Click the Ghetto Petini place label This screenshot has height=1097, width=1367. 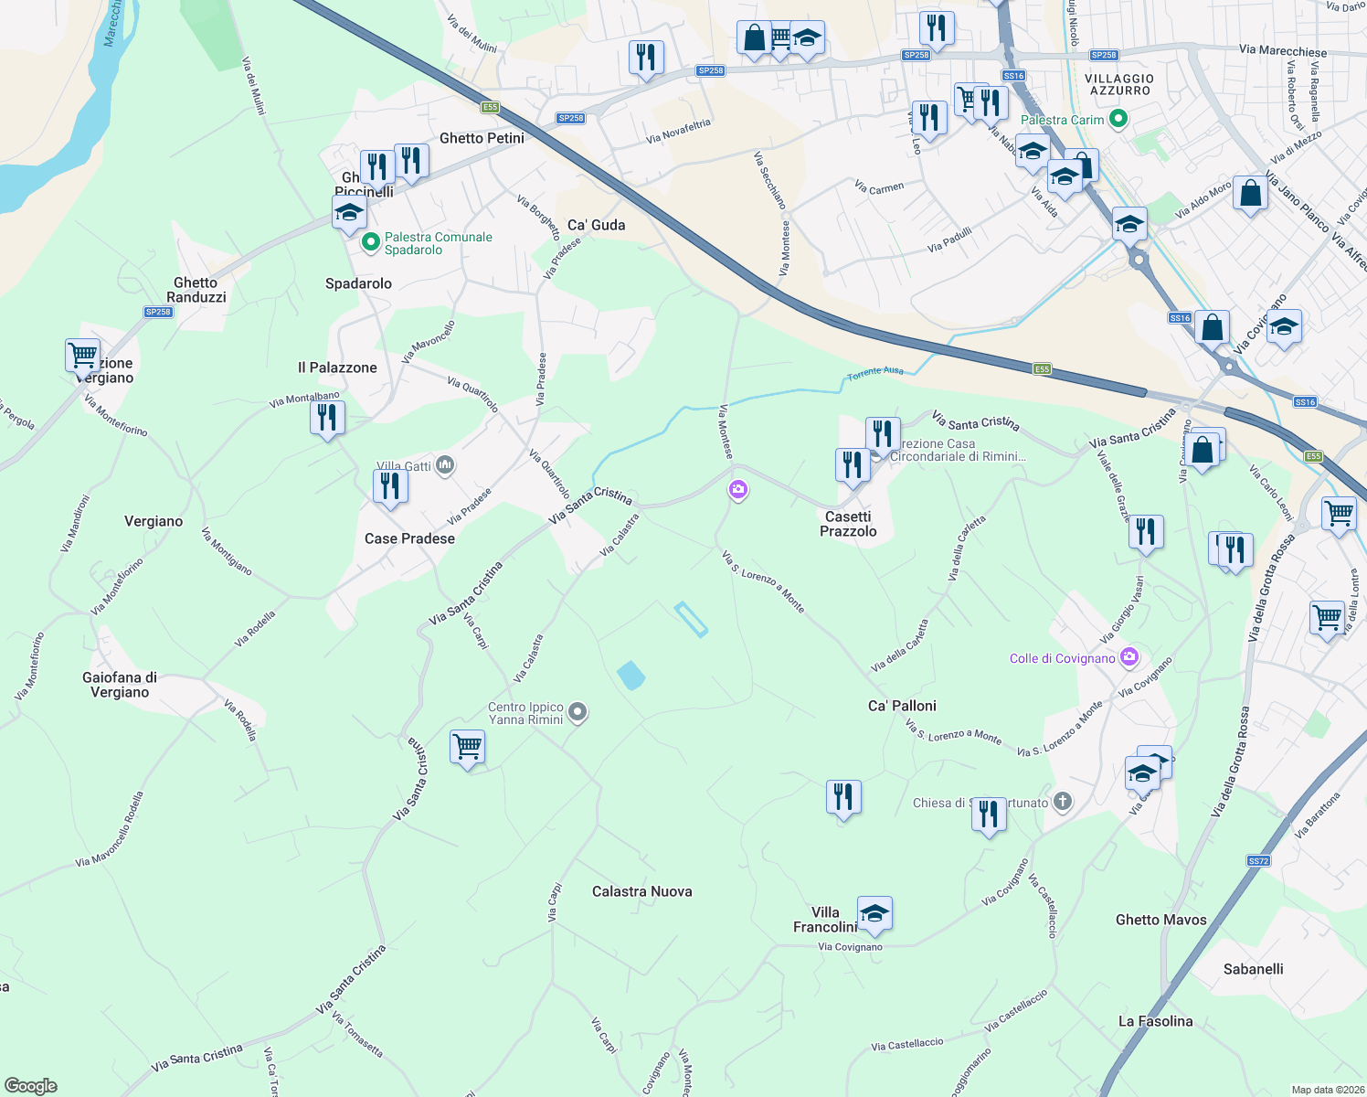tap(482, 138)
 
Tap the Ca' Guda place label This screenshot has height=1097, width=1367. tap(596, 225)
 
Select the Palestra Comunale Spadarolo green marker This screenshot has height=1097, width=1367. tap(370, 242)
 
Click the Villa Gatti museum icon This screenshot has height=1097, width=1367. tap(445, 465)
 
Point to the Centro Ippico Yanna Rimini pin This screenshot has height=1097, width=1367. tap(577, 712)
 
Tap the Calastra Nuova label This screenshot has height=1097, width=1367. tap(641, 891)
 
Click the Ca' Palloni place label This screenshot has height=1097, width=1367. tap(902, 706)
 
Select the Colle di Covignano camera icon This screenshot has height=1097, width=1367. tap(1129, 657)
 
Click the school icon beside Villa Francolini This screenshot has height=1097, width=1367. tap(874, 912)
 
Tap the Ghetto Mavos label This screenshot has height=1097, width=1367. tap(1160, 920)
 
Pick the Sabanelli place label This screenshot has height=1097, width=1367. tap(1253, 969)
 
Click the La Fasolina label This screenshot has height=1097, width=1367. tap(1155, 1021)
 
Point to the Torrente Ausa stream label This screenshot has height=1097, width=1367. tap(874, 372)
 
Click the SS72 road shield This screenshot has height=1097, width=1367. tap(1258, 861)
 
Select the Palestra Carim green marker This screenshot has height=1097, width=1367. tap(1118, 120)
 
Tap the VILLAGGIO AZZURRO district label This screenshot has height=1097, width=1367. tap(1119, 85)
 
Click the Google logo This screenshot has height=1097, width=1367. tap(30, 1086)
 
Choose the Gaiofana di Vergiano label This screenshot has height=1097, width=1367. tap(120, 685)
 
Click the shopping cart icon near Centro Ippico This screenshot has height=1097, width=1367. tap(467, 746)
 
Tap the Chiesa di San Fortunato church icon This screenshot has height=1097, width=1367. tap(1062, 803)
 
